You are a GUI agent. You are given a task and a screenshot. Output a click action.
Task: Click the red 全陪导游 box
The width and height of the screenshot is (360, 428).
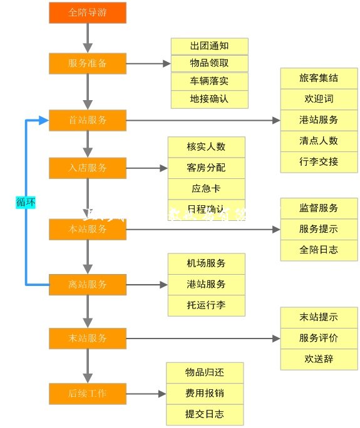point(88,13)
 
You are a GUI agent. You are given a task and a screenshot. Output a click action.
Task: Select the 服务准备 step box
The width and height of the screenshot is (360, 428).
point(88,64)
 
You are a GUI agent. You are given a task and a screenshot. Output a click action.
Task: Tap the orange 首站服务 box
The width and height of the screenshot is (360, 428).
point(88,120)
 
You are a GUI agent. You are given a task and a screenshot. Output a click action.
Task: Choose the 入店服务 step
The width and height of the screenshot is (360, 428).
point(88,168)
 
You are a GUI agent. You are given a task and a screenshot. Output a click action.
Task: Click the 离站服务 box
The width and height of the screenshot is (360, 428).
point(88,284)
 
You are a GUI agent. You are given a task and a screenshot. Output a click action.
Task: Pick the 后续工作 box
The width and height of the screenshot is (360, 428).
point(88,394)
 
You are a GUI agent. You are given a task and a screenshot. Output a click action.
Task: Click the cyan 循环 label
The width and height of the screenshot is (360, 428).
point(26,202)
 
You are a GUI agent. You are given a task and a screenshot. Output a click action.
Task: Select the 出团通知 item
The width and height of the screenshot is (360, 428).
point(209,46)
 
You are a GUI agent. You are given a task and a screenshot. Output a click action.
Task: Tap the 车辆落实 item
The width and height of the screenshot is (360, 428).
point(209,81)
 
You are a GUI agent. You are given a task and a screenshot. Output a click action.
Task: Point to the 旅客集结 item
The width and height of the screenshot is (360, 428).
point(319,78)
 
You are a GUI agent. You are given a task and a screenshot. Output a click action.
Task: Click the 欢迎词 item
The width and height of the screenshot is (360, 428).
point(319,99)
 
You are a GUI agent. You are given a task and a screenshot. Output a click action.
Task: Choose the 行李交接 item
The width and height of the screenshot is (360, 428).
point(319,161)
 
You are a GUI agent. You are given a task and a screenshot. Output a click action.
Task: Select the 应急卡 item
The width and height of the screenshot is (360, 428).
point(206,188)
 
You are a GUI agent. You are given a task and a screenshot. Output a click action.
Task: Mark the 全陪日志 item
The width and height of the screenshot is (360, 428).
point(319,249)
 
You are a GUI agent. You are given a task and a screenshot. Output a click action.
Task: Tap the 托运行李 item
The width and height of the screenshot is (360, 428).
point(206,305)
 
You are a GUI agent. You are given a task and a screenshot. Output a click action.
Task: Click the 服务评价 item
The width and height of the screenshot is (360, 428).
point(319,338)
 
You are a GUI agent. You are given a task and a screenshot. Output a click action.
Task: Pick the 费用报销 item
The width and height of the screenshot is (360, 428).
point(204,394)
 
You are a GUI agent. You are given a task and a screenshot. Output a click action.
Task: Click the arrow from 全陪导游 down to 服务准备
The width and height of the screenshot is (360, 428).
point(88,39)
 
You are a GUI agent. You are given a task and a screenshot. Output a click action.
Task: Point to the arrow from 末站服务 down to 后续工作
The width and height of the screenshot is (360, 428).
point(88,365)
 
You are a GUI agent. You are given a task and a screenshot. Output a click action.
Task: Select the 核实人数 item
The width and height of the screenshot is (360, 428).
point(206,147)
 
